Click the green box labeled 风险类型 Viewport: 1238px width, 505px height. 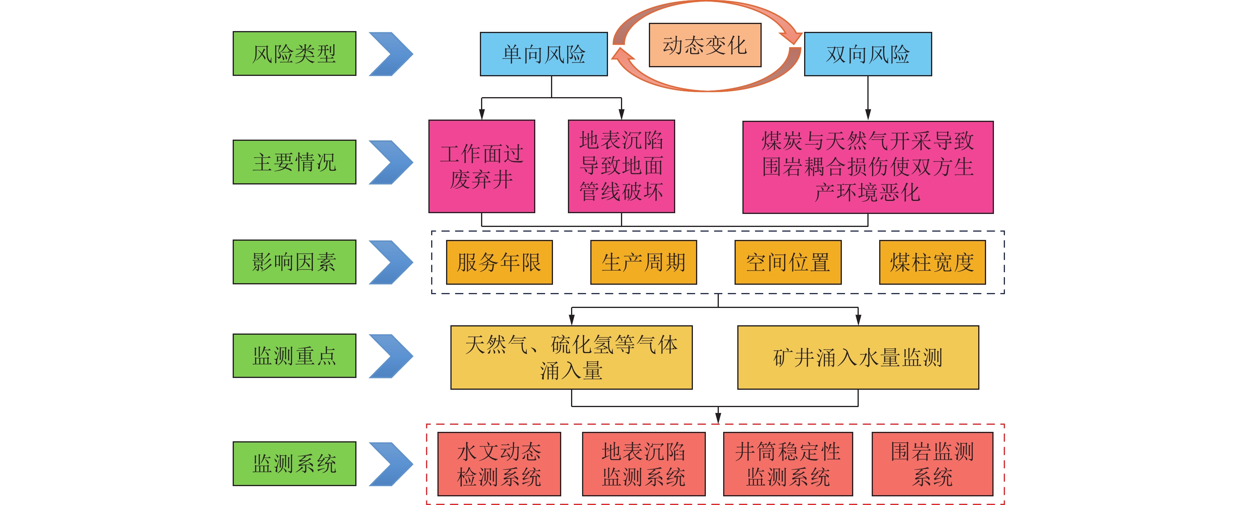[x=294, y=53]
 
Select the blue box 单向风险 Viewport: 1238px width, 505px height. [x=544, y=54]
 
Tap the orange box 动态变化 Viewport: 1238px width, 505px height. [x=705, y=45]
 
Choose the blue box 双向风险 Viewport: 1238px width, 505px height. [x=867, y=54]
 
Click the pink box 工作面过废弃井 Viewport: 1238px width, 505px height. [x=481, y=166]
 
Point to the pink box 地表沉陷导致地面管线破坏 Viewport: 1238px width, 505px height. [x=621, y=166]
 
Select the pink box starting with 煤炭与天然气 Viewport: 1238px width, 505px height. [x=867, y=167]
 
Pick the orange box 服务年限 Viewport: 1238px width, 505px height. [x=499, y=262]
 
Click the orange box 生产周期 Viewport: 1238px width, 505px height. [x=643, y=262]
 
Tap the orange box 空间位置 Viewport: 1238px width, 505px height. [x=788, y=262]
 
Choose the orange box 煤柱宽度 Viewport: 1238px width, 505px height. [x=932, y=262]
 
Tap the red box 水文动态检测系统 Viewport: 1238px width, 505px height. [x=499, y=464]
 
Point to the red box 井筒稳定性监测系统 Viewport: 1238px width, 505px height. [x=788, y=464]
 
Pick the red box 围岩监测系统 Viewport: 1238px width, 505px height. [x=932, y=464]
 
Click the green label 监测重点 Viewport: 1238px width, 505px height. [x=294, y=356]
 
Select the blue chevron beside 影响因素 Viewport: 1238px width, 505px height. [x=390, y=262]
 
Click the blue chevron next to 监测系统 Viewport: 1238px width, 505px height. [x=390, y=464]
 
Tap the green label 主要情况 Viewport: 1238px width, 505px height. [x=294, y=162]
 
